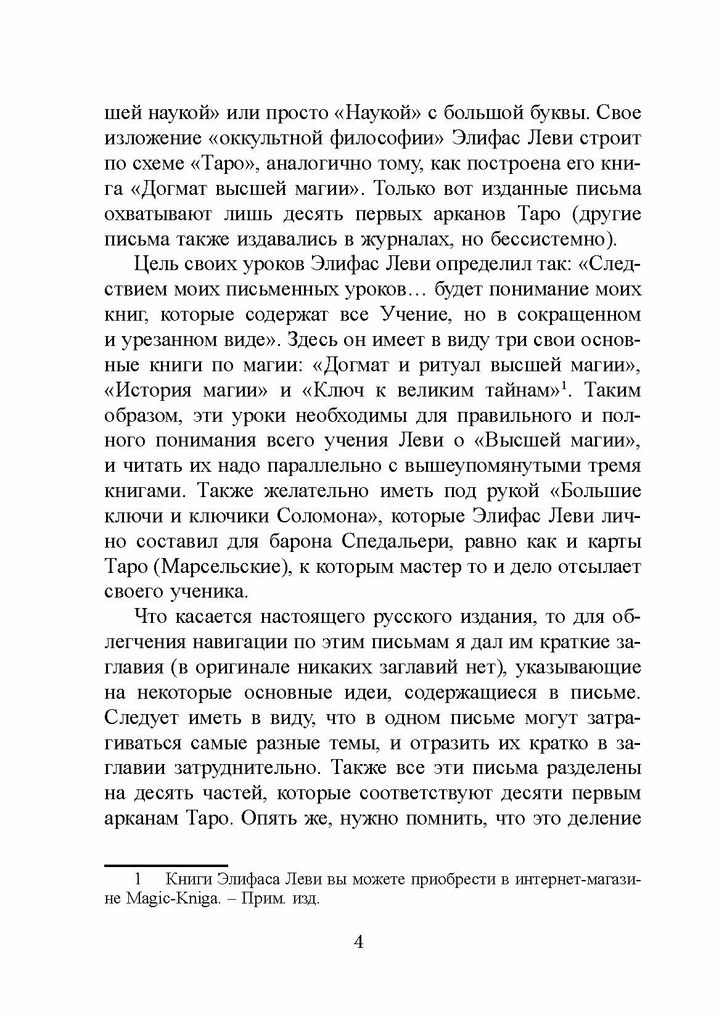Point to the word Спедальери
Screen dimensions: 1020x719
point(393,542)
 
